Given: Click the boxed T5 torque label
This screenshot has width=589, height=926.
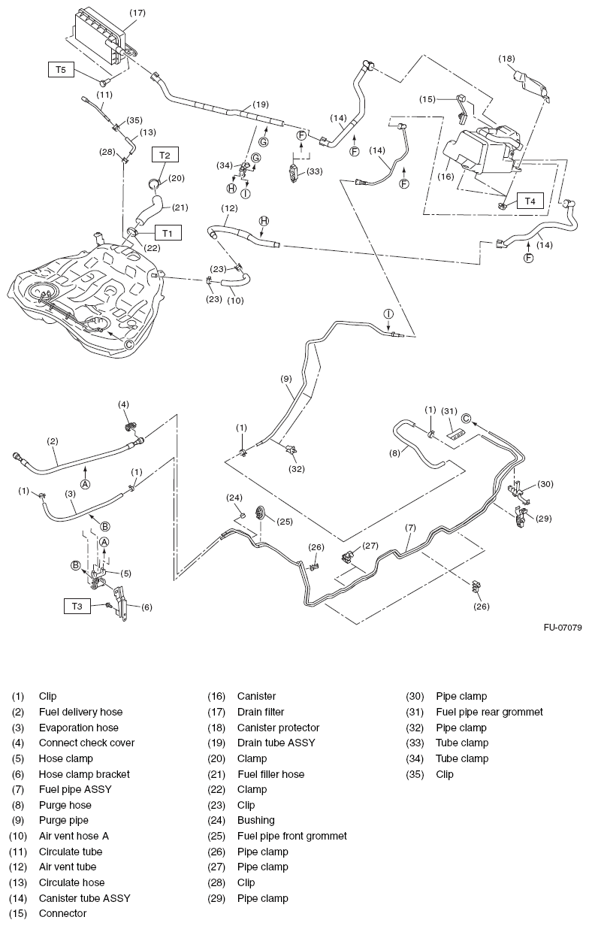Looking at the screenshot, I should click(61, 69).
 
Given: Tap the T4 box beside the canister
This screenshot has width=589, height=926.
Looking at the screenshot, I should click(530, 201).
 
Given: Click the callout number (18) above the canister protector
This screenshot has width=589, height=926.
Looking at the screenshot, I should click(507, 58).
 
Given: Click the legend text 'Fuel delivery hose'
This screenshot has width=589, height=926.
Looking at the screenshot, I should click(80, 712).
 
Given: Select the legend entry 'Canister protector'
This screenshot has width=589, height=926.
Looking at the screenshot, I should click(278, 728).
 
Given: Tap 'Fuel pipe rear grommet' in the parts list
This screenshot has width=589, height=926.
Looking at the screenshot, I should click(489, 712).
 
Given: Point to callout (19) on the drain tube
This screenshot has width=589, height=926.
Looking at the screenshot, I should click(261, 104).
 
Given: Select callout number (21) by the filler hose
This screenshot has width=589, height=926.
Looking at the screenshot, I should click(180, 207).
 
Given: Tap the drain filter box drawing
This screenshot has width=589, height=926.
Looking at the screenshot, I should click(98, 35).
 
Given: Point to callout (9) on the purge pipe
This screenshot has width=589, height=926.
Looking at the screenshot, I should click(285, 380).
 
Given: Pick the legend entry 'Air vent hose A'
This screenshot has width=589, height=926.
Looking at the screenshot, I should click(76, 836).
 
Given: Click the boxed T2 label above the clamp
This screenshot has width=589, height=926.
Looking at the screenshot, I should click(165, 154).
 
